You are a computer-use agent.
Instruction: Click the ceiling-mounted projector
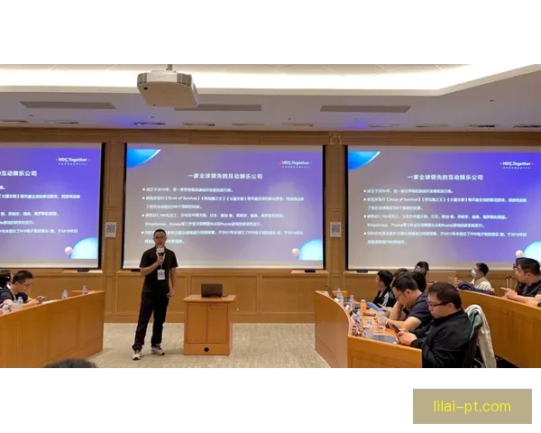(168, 88)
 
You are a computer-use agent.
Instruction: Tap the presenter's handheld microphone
(160, 253)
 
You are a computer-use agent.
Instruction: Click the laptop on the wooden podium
(211, 290)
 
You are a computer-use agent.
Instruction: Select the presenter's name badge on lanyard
(161, 273)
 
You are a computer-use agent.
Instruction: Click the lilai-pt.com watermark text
(472, 406)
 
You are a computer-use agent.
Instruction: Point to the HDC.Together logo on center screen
(295, 163)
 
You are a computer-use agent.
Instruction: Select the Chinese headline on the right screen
(443, 177)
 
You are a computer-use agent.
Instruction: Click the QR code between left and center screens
(110, 229)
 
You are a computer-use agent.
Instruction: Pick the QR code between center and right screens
(335, 229)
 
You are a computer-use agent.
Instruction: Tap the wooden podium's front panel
(208, 325)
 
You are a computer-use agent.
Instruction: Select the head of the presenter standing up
(160, 239)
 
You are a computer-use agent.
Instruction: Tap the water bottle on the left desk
(64, 294)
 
